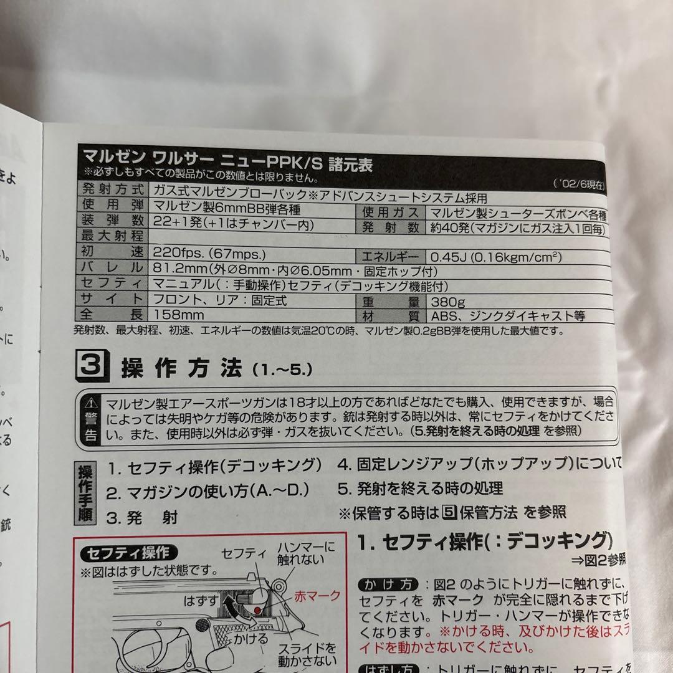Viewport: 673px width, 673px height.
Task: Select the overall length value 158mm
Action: [x=179, y=315]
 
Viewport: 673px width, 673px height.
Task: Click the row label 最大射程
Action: [x=112, y=237]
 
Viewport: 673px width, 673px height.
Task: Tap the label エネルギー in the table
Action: [x=391, y=257]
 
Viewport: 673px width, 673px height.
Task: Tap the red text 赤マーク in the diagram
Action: [x=318, y=595]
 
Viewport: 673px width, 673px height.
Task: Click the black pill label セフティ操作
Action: [x=128, y=553]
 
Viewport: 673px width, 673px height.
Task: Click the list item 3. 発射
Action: [x=142, y=517]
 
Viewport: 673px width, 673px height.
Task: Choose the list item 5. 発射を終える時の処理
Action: [x=421, y=488]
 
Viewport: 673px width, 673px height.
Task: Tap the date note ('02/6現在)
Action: [x=578, y=184]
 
